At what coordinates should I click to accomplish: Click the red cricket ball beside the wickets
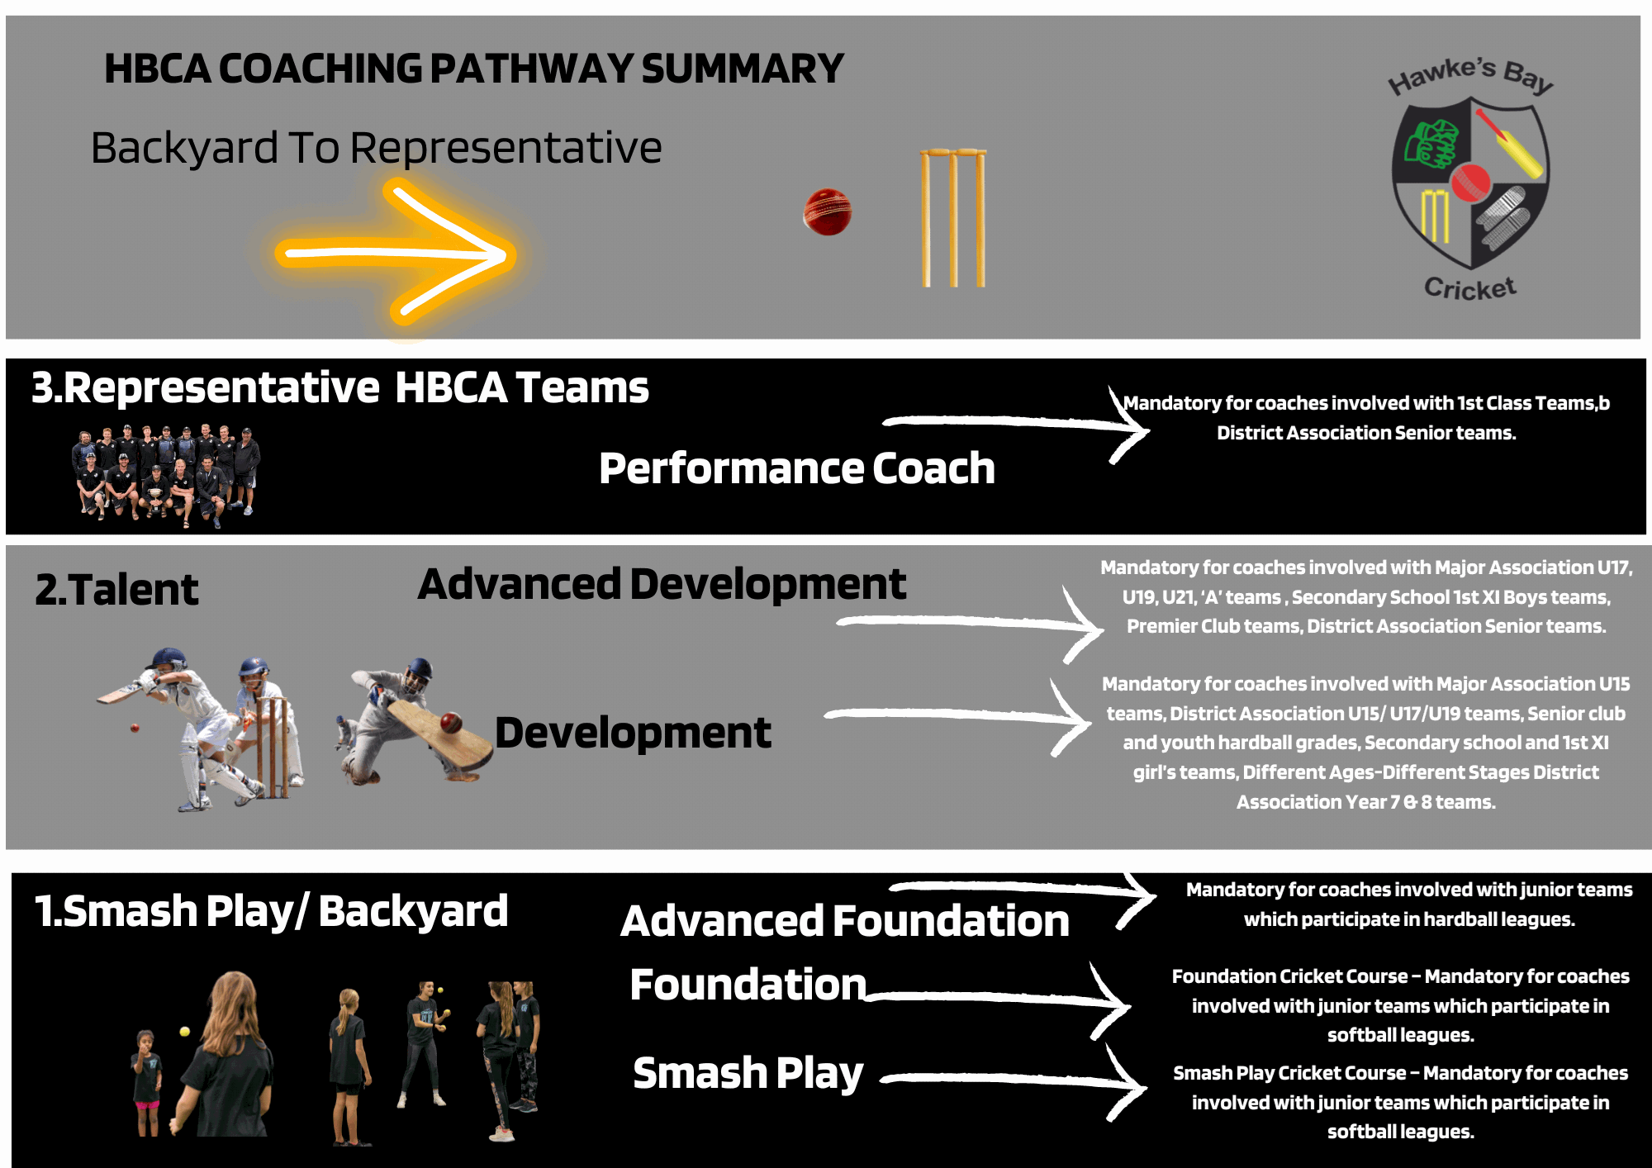click(827, 212)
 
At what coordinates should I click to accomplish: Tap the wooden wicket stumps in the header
click(953, 218)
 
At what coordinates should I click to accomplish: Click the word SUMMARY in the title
click(743, 69)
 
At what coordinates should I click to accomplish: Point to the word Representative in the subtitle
click(506, 148)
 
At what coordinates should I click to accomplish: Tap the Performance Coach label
click(797, 468)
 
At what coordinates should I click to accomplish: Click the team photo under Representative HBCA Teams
click(166, 476)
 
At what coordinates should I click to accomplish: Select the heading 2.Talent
click(116, 590)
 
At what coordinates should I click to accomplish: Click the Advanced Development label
click(662, 584)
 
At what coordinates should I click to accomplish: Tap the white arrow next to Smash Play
click(1014, 1080)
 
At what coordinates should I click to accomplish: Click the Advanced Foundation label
click(845, 921)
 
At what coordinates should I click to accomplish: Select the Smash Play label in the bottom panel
click(748, 1073)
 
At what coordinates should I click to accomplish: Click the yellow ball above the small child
click(185, 1031)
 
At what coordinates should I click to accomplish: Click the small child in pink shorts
click(147, 1083)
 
